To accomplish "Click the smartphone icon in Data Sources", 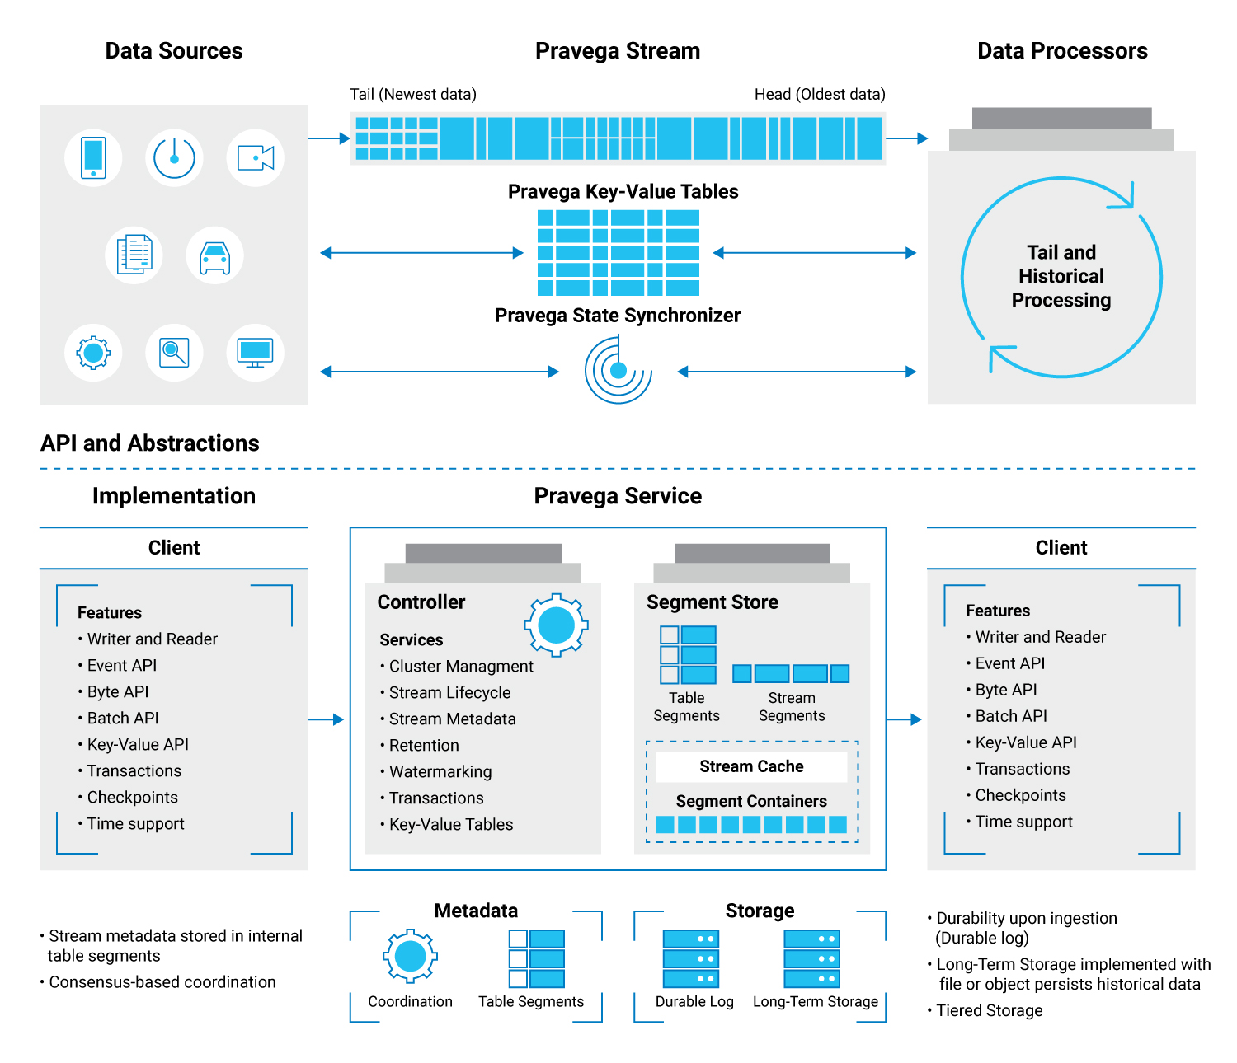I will coord(93,157).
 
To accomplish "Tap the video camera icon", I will coord(256,157).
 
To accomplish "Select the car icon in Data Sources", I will coord(215,255).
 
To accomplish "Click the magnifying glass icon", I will coord(174,353).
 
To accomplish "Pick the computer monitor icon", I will coord(255,353).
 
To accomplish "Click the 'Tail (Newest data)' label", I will coord(413,94).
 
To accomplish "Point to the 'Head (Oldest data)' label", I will coord(820,94).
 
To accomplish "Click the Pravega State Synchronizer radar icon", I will coord(618,370).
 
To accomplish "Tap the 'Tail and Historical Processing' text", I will coord(1061,276).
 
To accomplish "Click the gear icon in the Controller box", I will coord(556,625).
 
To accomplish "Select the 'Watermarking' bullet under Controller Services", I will coord(440,772).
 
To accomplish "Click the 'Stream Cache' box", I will coord(751,766).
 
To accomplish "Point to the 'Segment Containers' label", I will coord(751,801).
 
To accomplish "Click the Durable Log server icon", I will coord(691,958).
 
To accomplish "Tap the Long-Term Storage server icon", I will coord(811,958).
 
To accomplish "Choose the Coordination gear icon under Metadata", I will coord(410,957).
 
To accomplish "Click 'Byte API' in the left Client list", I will coord(118,692).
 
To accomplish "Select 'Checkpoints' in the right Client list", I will coord(1020,795).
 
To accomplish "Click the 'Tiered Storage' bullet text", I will coord(990,1011).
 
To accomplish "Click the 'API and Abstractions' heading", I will coord(150,443).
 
